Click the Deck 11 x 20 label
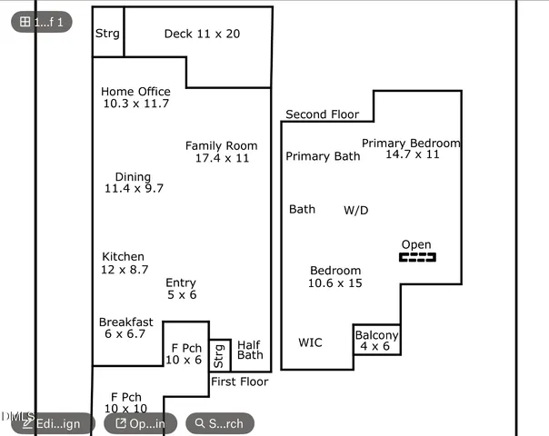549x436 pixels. click(202, 34)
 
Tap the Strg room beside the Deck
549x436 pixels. click(107, 34)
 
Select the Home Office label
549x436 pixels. click(135, 92)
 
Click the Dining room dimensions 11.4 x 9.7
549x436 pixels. click(134, 189)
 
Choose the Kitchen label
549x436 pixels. click(123, 257)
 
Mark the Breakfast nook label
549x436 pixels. click(125, 322)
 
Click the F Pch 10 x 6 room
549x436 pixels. click(186, 353)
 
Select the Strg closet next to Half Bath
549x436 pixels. click(219, 355)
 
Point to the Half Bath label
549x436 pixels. click(250, 350)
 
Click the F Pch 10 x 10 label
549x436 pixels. click(126, 403)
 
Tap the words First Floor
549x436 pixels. click(239, 381)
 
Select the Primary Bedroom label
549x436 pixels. click(411, 144)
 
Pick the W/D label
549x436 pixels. click(355, 210)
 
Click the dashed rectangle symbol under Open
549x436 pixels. click(417, 258)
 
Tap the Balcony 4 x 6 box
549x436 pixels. click(376, 340)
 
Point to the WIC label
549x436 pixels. click(310, 342)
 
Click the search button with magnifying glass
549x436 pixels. click(219, 423)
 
